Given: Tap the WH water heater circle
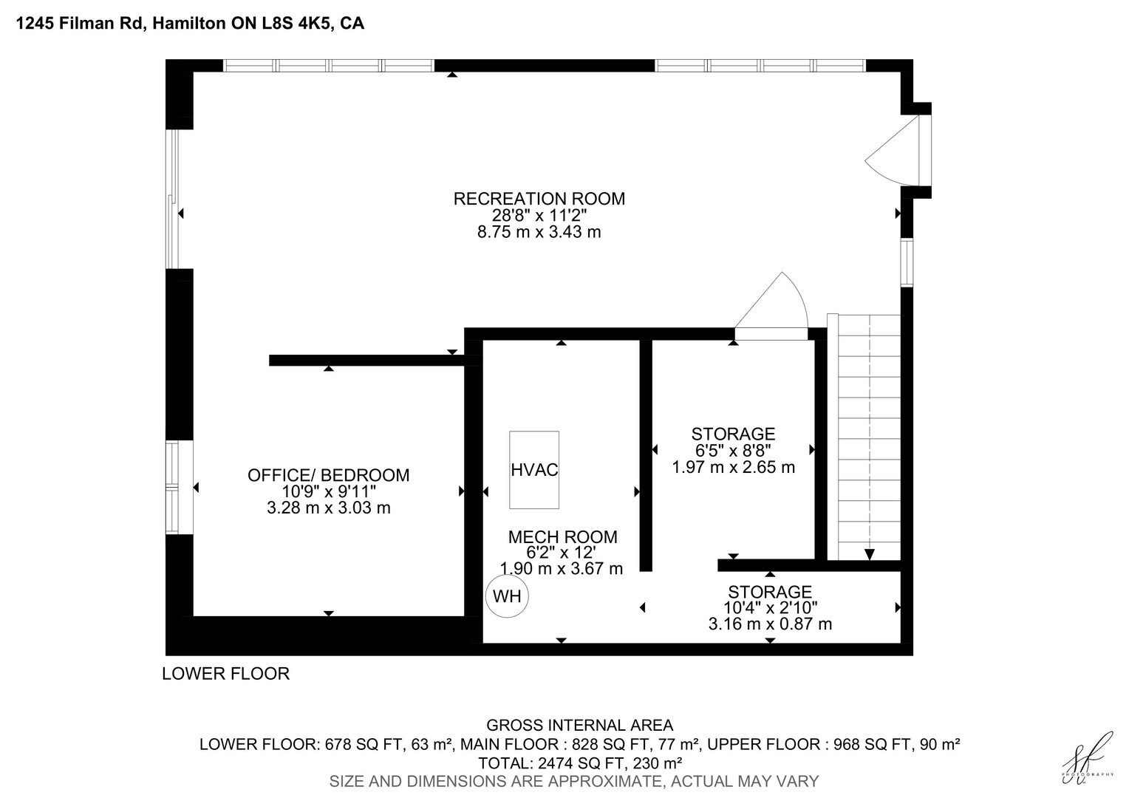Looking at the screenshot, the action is pos(507,596).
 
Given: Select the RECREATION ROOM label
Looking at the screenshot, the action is pos(539,199).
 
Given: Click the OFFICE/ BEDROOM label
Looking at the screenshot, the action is pos(329,475).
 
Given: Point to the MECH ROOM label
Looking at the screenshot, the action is pos(562,537).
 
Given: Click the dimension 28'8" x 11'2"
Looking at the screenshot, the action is pos(539,215).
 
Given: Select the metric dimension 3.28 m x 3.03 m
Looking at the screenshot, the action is pos(329,508).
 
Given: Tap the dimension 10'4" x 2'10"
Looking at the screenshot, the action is pos(770,607).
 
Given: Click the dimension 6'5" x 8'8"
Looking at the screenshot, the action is pos(733,450).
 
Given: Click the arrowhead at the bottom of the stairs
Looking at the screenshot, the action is pos(870,554).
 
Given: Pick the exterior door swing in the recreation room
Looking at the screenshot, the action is pos(892,151).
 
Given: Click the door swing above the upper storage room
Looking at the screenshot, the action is pos(771,301).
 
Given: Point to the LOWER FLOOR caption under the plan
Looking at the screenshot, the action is pos(226,673).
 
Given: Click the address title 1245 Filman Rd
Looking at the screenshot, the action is pos(80,23).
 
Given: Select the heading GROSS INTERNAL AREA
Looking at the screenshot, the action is pos(579,726).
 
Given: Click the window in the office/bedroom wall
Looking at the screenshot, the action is pos(172,488).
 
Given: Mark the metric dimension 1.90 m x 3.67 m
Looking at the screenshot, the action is pos(562,569).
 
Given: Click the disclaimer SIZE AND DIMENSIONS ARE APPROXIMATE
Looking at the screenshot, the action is pos(496,781).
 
